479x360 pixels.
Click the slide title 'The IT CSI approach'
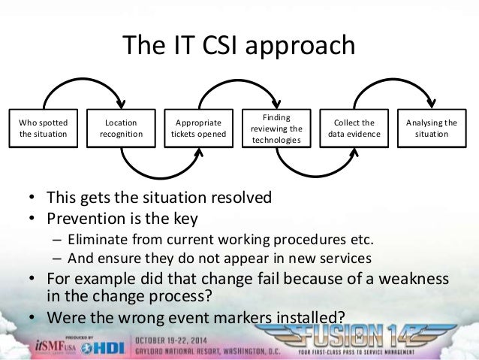tap(239, 46)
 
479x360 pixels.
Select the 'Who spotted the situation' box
tap(43, 128)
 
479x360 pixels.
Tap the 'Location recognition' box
tap(121, 128)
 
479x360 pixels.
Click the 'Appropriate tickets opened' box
tap(198, 128)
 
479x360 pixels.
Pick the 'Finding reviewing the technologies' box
tap(276, 129)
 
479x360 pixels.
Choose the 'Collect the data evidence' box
tap(354, 128)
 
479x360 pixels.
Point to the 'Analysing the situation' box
tap(432, 128)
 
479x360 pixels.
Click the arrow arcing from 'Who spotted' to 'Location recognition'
tap(82, 83)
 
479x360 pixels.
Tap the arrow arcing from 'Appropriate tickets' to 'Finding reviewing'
tap(237, 83)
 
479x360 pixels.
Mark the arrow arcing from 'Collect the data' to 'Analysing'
tap(393, 83)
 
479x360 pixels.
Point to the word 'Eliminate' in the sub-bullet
tap(95, 240)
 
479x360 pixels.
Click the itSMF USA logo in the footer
tap(53, 343)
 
